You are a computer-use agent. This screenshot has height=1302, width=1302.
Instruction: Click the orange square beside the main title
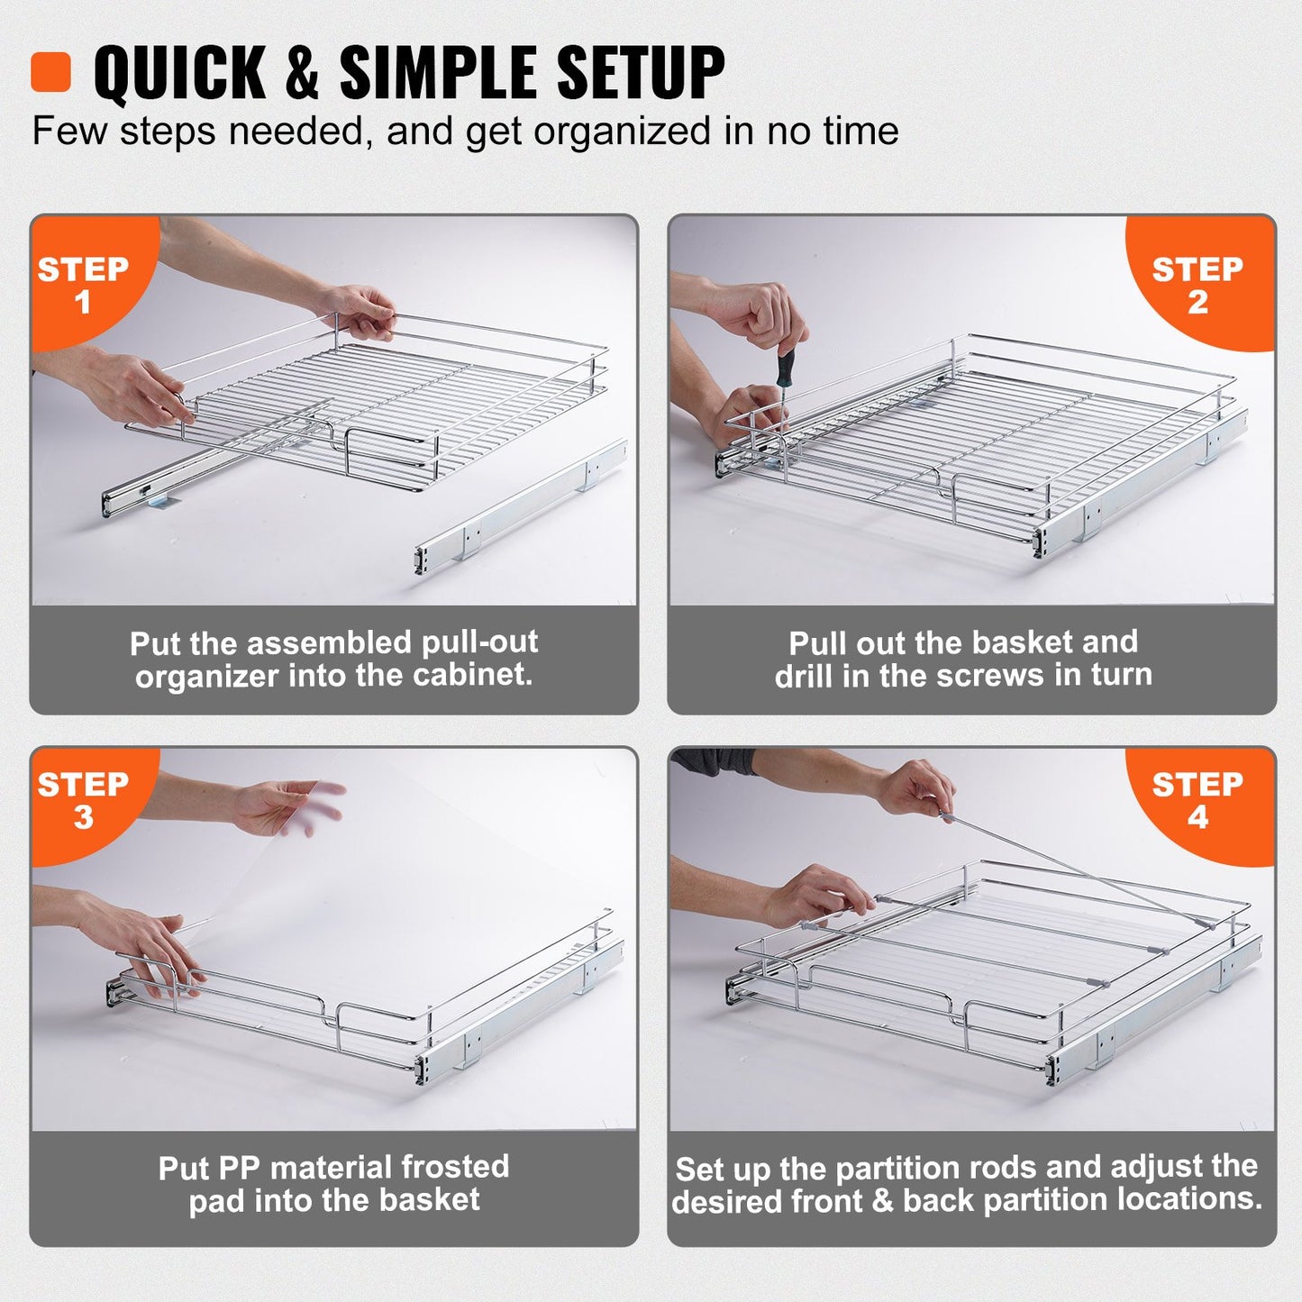coord(50,72)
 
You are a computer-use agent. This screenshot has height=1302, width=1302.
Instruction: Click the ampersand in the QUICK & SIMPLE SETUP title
coord(302,72)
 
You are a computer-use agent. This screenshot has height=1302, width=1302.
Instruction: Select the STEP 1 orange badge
coord(83,284)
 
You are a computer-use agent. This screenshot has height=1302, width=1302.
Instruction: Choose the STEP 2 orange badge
coord(1197,284)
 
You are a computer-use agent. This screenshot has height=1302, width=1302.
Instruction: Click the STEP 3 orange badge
coord(83,800)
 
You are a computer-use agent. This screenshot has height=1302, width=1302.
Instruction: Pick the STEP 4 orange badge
coord(1197,800)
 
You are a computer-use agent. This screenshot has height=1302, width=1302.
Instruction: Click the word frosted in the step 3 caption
coord(455,1167)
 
